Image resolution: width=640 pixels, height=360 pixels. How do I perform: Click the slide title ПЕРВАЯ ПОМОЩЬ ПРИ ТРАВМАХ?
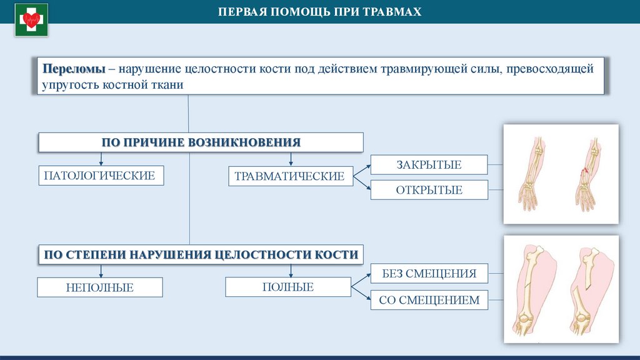pyautogui.click(x=319, y=12)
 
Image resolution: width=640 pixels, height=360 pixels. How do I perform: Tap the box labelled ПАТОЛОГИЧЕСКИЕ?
pyautogui.click(x=100, y=175)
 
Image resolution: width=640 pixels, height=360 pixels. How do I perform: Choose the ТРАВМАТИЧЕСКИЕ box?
pyautogui.click(x=289, y=176)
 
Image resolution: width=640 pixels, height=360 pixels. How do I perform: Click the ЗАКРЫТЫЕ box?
pyautogui.click(x=429, y=165)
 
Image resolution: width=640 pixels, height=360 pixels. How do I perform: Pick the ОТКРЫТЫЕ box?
pyautogui.click(x=429, y=190)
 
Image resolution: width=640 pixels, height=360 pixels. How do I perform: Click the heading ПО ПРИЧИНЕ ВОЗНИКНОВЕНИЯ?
pyautogui.click(x=201, y=142)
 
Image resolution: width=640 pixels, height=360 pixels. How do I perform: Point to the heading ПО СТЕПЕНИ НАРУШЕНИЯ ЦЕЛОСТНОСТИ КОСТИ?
pyautogui.click(x=201, y=254)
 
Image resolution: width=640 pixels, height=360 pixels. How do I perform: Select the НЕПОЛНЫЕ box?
pyautogui.click(x=100, y=287)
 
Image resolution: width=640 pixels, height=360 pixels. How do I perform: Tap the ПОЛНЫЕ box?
pyautogui.click(x=288, y=287)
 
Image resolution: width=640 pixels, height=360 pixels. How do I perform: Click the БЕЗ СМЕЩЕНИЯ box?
pyautogui.click(x=429, y=273)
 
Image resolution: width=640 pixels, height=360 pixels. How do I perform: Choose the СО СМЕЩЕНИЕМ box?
pyautogui.click(x=429, y=300)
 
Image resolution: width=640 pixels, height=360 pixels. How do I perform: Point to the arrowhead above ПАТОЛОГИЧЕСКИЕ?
pyautogui.click(x=101, y=161)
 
